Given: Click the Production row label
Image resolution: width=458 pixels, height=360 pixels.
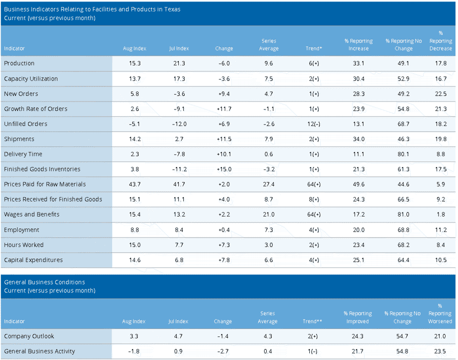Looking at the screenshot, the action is (20, 63).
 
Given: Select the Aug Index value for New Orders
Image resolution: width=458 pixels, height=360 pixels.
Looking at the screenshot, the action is (135, 94).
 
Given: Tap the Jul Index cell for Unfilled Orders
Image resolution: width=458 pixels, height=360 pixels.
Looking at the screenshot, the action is (179, 124).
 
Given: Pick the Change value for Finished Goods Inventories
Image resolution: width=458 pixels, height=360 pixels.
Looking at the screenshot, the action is (224, 169).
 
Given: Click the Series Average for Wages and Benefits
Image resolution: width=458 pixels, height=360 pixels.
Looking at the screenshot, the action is (269, 214).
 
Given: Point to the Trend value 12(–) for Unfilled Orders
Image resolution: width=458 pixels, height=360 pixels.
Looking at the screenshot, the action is (314, 124).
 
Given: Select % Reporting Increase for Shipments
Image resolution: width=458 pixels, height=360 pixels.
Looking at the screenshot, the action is (358, 139).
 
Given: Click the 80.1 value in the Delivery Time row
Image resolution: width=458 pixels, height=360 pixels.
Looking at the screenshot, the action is (403, 154).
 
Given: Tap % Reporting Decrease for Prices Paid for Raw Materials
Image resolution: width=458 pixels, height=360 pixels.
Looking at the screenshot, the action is (441, 184).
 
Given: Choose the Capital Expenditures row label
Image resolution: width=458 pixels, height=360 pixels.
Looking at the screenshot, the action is (34, 260).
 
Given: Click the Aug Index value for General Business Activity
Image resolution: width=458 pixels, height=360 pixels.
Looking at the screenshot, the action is (134, 351).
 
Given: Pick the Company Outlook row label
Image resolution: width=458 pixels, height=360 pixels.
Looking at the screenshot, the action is (29, 336).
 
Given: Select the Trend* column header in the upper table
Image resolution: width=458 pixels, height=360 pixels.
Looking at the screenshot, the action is (314, 48).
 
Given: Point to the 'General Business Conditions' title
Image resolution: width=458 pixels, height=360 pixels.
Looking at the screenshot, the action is (45, 282).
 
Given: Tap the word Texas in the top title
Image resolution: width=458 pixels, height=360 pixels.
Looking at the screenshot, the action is (172, 9).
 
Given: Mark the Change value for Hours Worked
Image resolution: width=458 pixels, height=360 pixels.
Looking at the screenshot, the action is (224, 245).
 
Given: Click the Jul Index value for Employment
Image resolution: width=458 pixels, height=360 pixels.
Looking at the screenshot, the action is (179, 230).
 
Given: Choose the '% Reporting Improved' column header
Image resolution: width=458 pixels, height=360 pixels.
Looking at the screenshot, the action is (357, 317).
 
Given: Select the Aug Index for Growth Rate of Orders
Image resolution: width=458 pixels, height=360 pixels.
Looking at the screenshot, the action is (135, 109).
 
